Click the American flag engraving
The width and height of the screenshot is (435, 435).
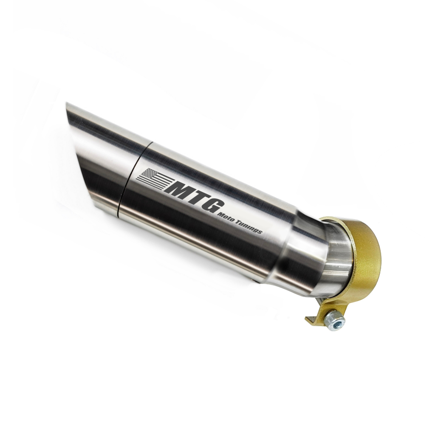click(x=153, y=179)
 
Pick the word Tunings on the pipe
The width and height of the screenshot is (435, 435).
click(x=248, y=226)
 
